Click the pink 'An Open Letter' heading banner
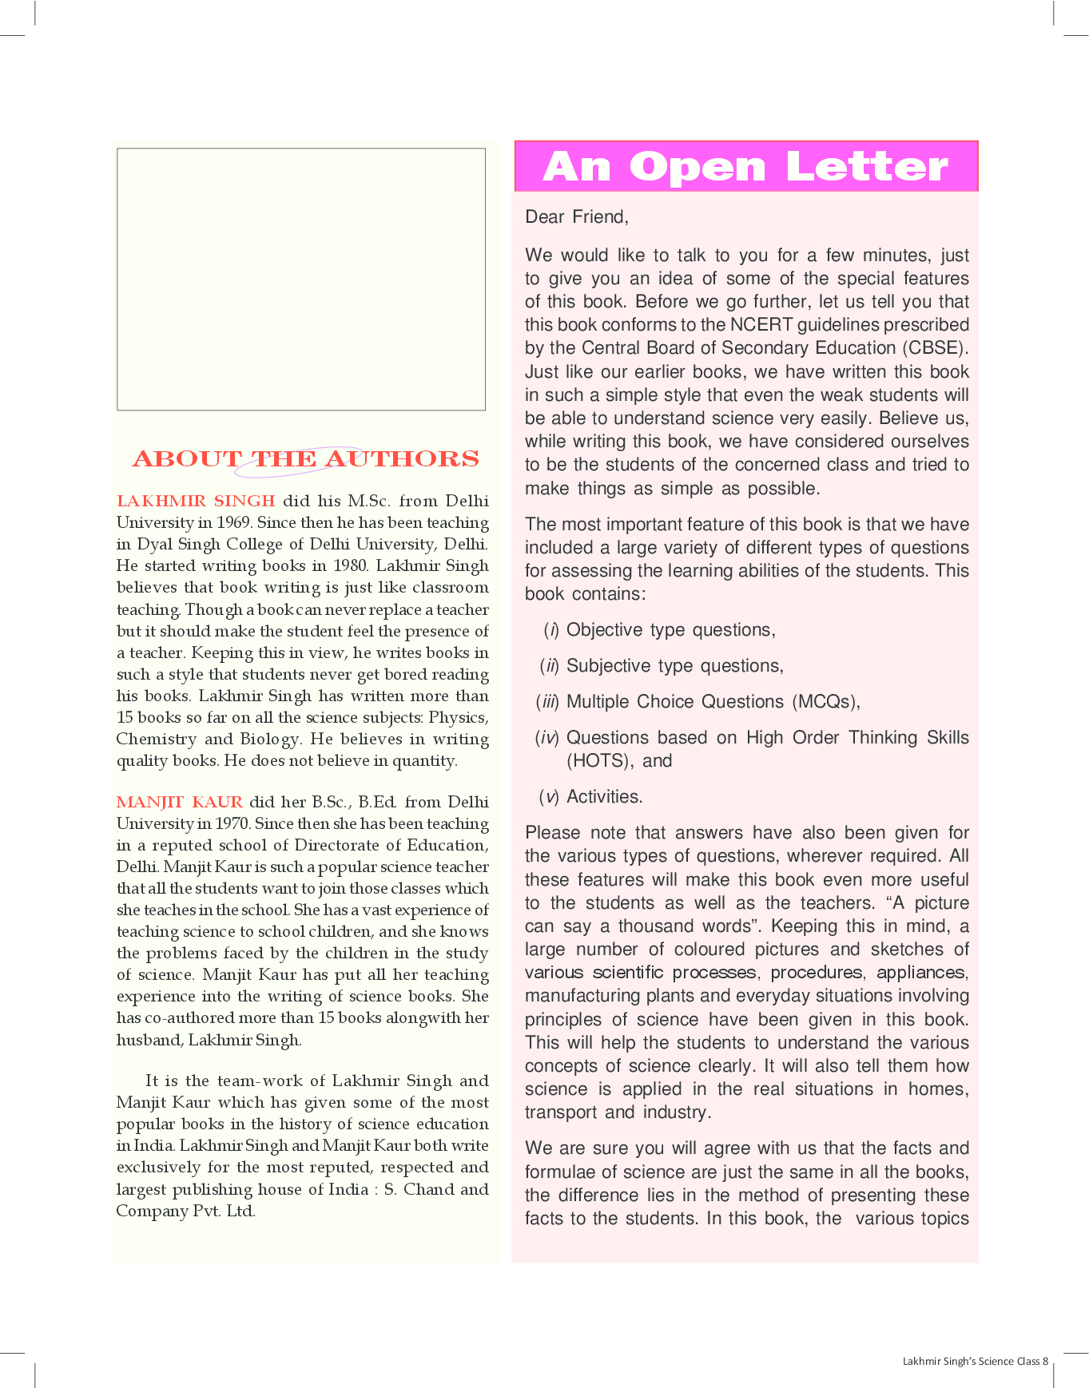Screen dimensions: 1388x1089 click(x=745, y=167)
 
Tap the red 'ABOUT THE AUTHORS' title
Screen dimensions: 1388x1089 click(x=305, y=458)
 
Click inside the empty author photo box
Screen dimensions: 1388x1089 click(x=301, y=279)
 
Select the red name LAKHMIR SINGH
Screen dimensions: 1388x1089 click(x=196, y=501)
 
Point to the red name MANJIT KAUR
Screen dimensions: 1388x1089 click(x=180, y=802)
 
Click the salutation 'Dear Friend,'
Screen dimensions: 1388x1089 click(x=576, y=216)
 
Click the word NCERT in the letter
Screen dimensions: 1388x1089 click(x=761, y=325)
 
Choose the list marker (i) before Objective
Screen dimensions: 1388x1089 click(x=550, y=630)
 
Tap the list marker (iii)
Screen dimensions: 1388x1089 click(x=547, y=702)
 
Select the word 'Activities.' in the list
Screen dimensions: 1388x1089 click(x=604, y=797)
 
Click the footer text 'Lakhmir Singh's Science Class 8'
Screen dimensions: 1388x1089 click(x=975, y=1361)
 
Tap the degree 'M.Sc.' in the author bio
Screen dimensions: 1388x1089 click(x=369, y=501)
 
